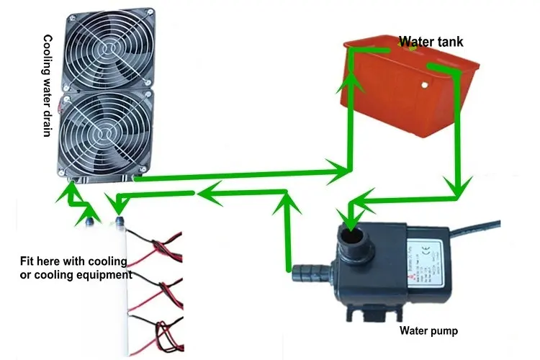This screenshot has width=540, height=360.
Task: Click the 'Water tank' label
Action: click(431, 41)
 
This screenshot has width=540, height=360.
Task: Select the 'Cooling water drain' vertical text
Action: click(49, 87)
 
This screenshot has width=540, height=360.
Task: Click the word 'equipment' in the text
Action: click(107, 274)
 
